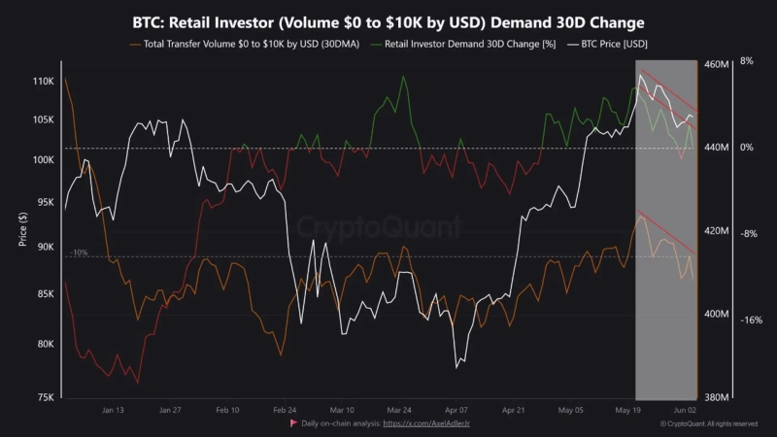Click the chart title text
click(x=388, y=21)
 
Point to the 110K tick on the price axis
click(x=41, y=81)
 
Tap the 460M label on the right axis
click(x=716, y=64)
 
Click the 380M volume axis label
click(x=716, y=397)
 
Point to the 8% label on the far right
click(x=747, y=60)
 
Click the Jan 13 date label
click(x=113, y=410)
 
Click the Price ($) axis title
click(x=23, y=229)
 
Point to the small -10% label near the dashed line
click(x=78, y=252)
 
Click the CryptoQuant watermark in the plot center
click(x=378, y=228)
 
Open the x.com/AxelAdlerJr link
click(x=427, y=424)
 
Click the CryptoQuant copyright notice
click(x=709, y=424)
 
